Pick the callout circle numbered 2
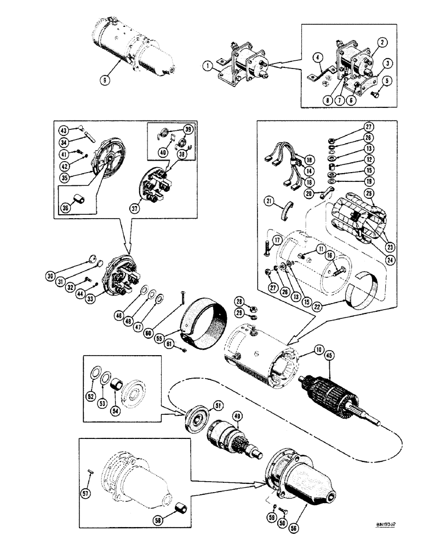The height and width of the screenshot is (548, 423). (x=381, y=41)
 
